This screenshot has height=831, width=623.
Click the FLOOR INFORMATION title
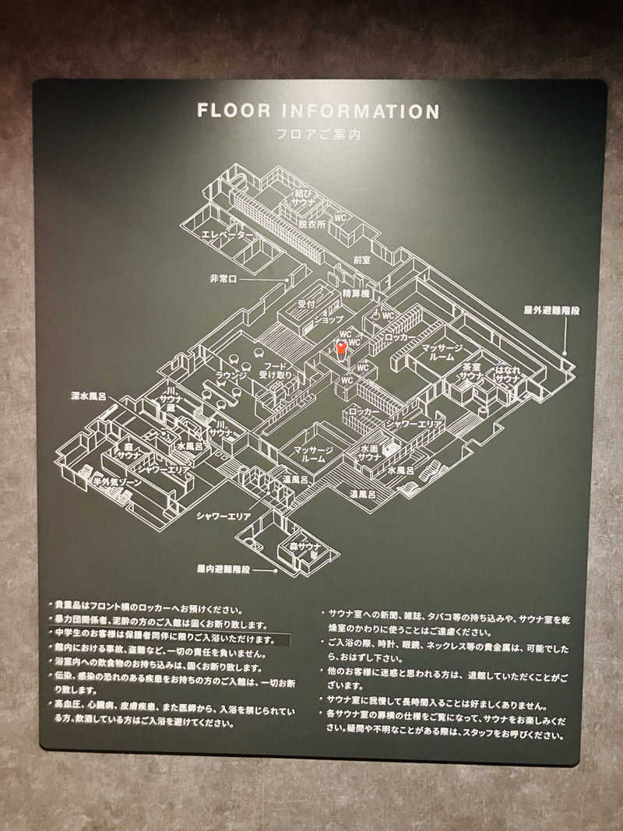pyautogui.click(x=318, y=111)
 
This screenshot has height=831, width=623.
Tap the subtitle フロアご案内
pyautogui.click(x=318, y=133)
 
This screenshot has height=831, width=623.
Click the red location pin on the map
pyautogui.click(x=340, y=347)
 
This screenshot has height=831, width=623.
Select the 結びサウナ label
pyautogui.click(x=303, y=196)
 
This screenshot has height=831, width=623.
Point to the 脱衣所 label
pyautogui.click(x=309, y=224)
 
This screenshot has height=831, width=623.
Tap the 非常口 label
pyautogui.click(x=223, y=278)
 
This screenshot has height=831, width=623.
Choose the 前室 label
pyautogui.click(x=361, y=259)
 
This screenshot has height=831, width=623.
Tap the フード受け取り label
pyautogui.click(x=277, y=370)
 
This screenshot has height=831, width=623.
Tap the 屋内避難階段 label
pyautogui.click(x=224, y=569)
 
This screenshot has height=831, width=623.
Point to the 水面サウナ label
pyautogui.click(x=368, y=454)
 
